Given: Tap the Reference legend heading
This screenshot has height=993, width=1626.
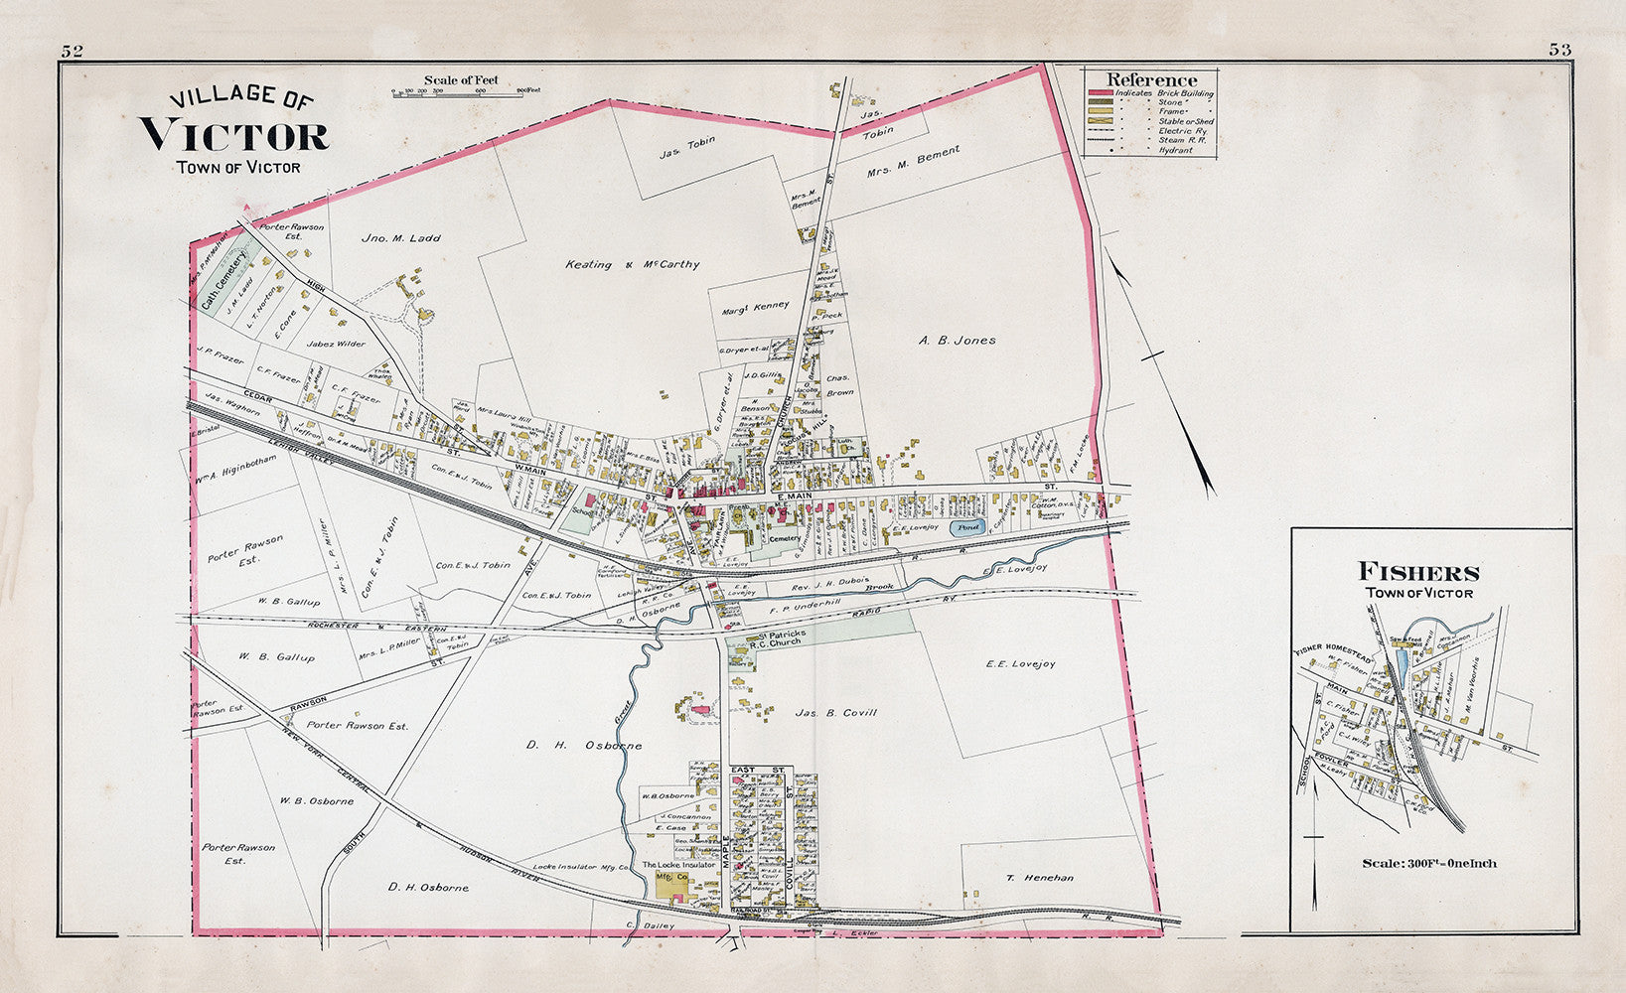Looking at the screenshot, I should coord(1151,79).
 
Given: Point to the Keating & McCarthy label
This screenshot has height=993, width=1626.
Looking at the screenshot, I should coord(632,264).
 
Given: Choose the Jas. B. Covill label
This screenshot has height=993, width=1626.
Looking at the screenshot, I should coord(835,712).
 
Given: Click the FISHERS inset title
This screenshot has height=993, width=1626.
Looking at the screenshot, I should coord(1418,572).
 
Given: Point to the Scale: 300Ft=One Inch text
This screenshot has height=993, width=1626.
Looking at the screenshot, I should coord(1430,862).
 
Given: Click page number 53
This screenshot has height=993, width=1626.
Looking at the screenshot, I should coord(1558,50).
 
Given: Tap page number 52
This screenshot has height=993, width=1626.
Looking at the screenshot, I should coord(72,51).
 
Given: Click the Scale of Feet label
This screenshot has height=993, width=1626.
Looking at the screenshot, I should coord(461,80).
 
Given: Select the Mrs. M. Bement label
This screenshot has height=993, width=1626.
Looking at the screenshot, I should coord(913,163).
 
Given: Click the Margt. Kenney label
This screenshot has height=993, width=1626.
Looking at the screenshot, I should coord(755,306).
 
